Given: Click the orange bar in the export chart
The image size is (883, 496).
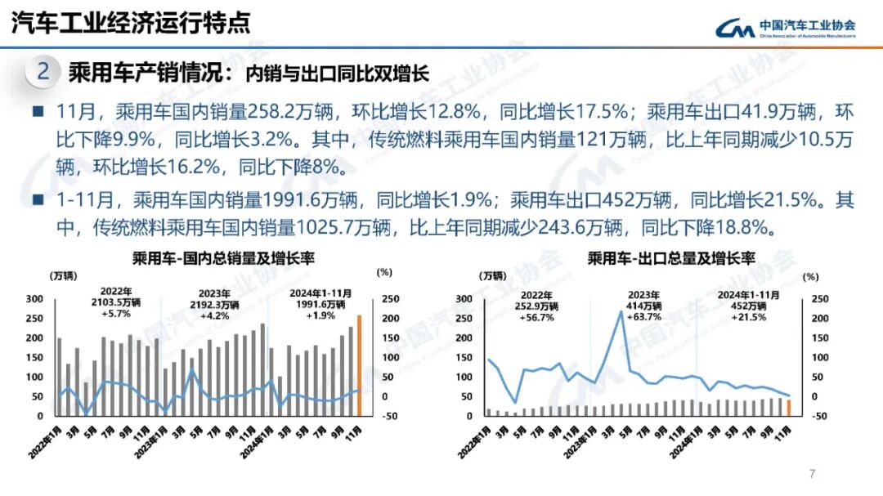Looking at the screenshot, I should pyautogui.click(x=788, y=408).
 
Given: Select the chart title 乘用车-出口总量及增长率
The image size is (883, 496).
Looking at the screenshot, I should pyautogui.click(x=670, y=258).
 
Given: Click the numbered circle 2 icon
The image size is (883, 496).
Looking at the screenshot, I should pyautogui.click(x=43, y=72).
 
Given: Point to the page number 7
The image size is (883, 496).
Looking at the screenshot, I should pyautogui.click(x=812, y=474).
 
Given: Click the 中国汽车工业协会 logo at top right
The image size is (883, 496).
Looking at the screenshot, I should pyautogui.click(x=786, y=29).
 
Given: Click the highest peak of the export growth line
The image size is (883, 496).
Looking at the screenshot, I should pyautogui.click(x=621, y=311).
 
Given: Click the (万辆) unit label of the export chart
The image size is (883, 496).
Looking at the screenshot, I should pyautogui.click(x=492, y=275).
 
